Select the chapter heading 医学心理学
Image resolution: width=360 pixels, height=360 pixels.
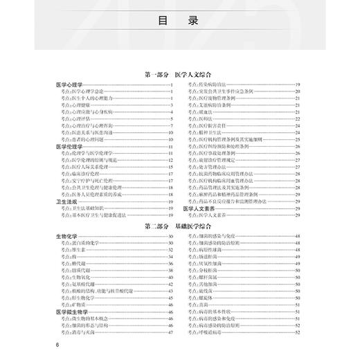69,84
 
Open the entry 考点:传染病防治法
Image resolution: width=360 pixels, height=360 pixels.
212,84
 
